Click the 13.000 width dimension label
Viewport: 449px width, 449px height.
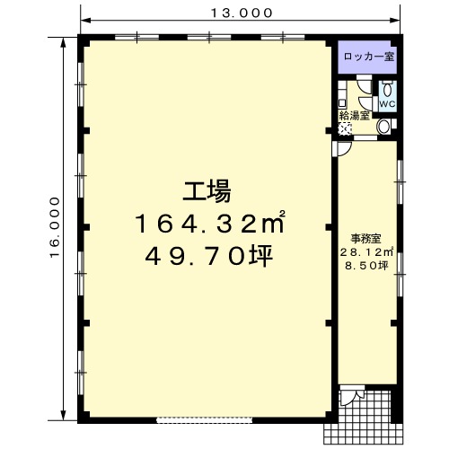pos(242,13)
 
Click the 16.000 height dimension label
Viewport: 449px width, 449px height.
pos(55,227)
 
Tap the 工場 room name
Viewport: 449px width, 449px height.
pos(207,190)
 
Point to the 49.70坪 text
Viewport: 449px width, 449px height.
pos(208,256)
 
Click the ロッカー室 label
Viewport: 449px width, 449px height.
pos(369,57)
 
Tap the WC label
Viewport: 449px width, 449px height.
pos(388,104)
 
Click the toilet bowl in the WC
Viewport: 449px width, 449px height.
pos(388,89)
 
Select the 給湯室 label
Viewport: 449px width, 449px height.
pos(354,116)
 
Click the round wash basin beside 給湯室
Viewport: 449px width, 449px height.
pos(383,127)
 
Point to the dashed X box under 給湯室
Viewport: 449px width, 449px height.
pos(344,129)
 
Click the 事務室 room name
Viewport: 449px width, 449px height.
pos(365,239)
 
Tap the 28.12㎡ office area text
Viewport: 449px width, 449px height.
pos(366,252)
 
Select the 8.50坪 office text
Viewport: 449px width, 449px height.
pos(366,266)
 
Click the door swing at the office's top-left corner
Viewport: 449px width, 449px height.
pos(343,148)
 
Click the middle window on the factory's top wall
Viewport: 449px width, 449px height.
pos(209,37)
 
